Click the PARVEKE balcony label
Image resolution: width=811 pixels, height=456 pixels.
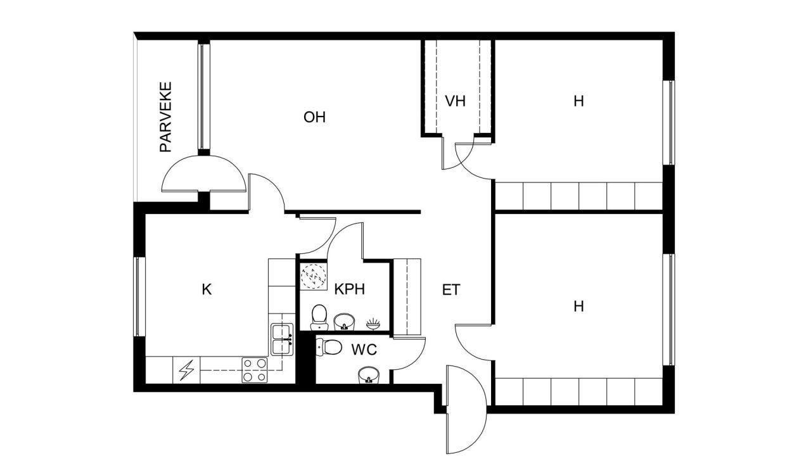pyautogui.click(x=166, y=117)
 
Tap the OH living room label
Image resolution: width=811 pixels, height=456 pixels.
pyautogui.click(x=314, y=117)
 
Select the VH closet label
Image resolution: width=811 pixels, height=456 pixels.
pyautogui.click(x=455, y=101)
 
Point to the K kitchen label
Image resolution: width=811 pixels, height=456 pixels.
pyautogui.click(x=206, y=290)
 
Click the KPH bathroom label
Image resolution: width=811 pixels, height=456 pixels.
pyautogui.click(x=350, y=290)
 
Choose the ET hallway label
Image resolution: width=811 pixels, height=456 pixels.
pyautogui.click(x=450, y=290)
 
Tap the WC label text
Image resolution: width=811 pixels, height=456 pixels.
pyautogui.click(x=364, y=349)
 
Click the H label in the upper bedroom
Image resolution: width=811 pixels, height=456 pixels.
pyautogui.click(x=578, y=101)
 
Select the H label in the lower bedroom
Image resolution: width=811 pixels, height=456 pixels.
pyautogui.click(x=578, y=307)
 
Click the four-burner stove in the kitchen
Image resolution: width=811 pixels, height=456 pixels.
pyautogui.click(x=255, y=370)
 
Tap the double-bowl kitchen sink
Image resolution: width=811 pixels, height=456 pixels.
pyautogui.click(x=281, y=339)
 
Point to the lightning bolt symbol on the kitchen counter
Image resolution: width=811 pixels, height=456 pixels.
pyautogui.click(x=186, y=370)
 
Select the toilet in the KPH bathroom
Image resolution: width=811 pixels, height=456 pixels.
pyautogui.click(x=319, y=317)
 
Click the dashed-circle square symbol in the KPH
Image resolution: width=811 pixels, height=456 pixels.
pyautogui.click(x=312, y=276)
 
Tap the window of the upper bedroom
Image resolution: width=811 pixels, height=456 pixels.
pyautogui.click(x=668, y=122)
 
